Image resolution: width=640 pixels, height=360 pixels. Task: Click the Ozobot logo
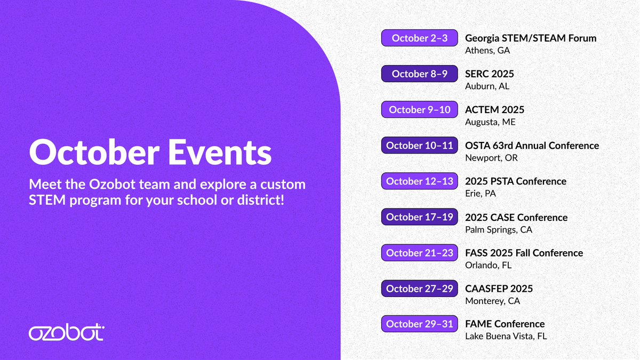67,332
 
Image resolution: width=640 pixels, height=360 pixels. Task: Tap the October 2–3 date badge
419,38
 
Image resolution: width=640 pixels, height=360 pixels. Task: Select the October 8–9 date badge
419,74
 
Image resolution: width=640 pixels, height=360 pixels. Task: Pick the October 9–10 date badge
419,109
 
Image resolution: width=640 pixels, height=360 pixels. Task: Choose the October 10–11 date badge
419,145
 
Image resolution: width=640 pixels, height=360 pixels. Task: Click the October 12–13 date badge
419,181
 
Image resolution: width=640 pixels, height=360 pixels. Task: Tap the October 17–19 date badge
419,217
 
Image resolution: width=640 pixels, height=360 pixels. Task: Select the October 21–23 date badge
419,253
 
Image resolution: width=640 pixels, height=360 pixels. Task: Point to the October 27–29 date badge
419,289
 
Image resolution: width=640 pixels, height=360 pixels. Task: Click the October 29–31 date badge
419,324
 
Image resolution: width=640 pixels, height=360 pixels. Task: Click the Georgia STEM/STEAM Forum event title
531,38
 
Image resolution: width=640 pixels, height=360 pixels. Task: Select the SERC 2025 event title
490,74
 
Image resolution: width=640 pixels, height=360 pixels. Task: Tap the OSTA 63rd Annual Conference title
532,146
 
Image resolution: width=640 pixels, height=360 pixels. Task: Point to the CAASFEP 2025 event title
499,289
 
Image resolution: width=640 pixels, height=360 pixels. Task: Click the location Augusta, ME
490,122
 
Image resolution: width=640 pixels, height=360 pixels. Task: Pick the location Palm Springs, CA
499,230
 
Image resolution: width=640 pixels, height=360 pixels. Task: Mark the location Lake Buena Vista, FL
506,337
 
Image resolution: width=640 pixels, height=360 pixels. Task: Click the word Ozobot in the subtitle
112,185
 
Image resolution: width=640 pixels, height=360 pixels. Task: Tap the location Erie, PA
481,194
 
